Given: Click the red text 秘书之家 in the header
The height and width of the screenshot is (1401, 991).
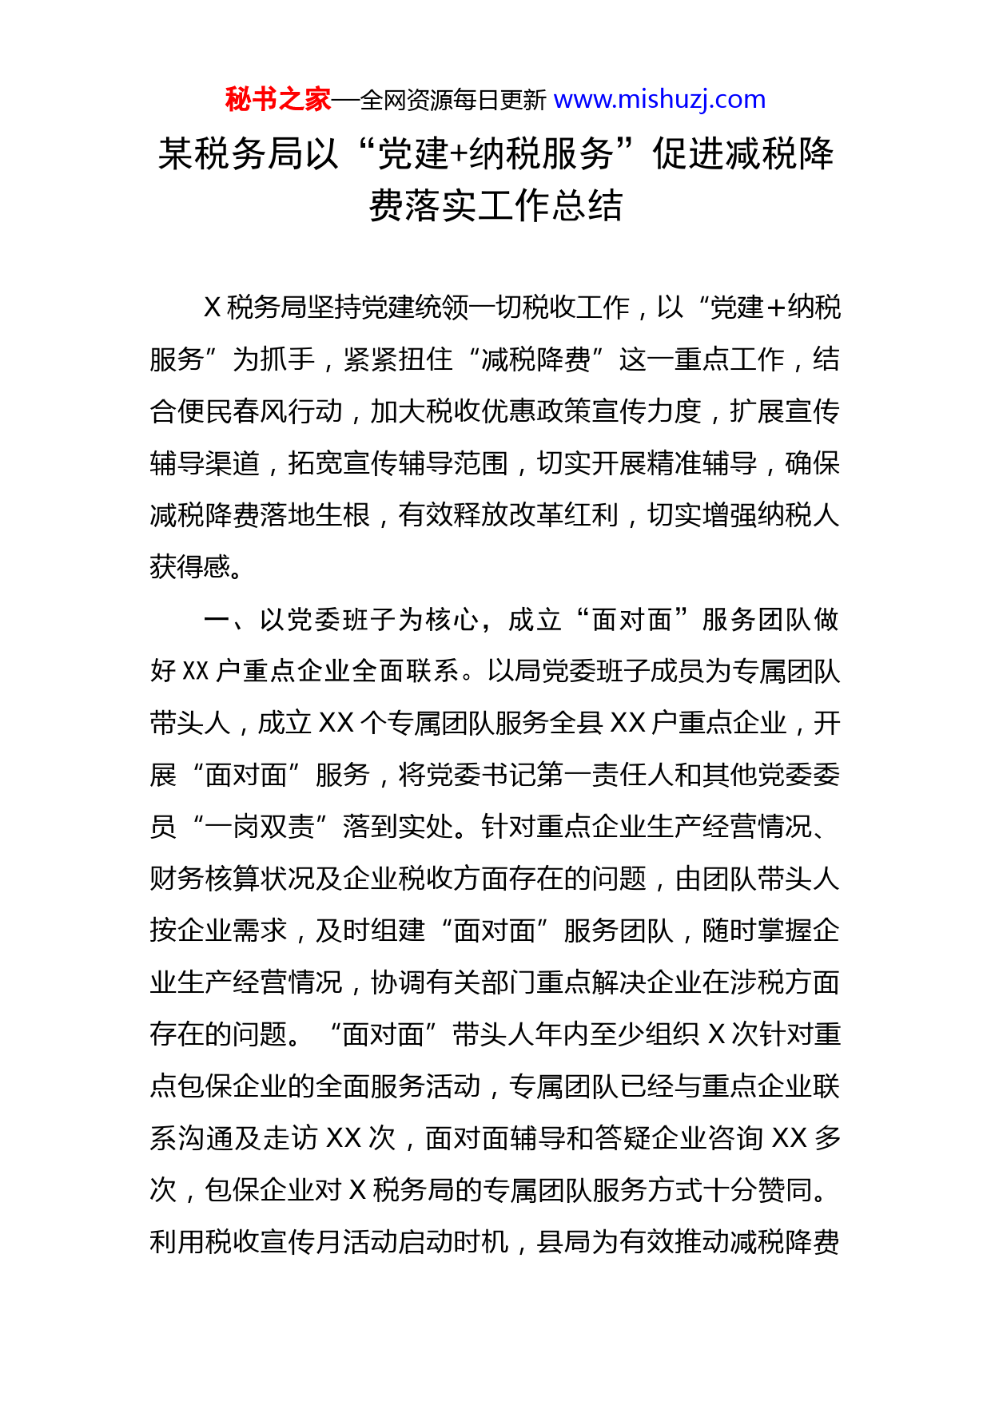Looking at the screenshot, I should click(x=277, y=100).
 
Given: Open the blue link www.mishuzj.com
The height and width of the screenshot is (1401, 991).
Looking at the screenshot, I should click(x=659, y=100).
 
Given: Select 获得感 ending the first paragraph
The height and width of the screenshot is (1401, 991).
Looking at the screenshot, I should click(x=190, y=567).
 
